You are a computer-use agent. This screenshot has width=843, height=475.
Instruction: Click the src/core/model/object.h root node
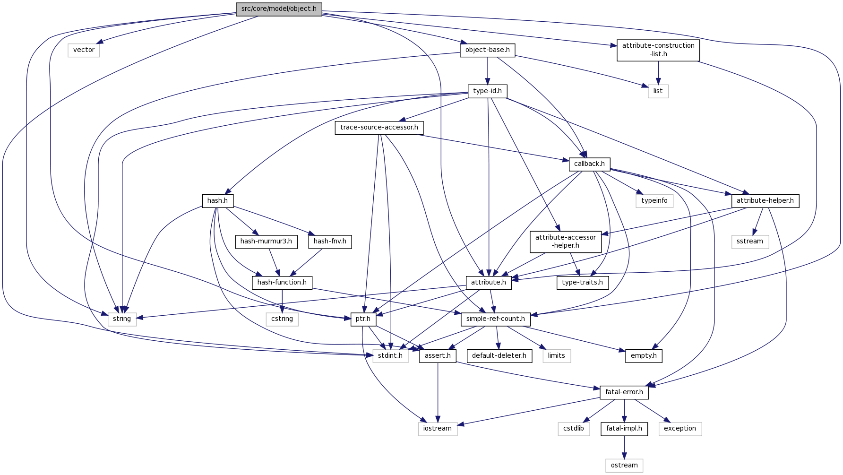pos(279,9)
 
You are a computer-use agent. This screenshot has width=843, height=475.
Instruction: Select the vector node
pos(84,50)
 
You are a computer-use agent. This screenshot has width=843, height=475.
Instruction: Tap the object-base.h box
pos(487,50)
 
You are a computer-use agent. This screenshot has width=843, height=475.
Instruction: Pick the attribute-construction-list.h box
pos(658,50)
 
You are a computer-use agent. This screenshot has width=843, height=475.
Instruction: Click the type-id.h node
pos(487,91)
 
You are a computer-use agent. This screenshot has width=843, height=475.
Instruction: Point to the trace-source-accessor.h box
pos(379,128)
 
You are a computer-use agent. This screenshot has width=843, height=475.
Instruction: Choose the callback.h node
pos(589,164)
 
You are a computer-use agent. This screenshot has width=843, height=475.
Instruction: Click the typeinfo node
pos(654,201)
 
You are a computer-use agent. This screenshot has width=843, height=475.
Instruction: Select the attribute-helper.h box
pos(765,201)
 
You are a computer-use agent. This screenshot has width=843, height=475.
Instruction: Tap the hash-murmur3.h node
pos(266,242)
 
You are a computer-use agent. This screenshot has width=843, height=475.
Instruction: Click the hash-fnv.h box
pos(330,242)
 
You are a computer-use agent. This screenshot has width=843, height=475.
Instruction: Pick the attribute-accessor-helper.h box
pos(566,242)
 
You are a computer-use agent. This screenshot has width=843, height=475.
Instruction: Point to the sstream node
pos(749,242)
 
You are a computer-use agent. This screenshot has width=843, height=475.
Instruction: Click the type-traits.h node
pos(582,283)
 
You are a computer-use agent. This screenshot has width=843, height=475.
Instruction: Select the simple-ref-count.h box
pos(495,319)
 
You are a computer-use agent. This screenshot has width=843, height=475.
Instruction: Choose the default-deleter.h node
pos(499,356)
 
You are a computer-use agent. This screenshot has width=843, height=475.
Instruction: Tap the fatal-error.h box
pos(624,392)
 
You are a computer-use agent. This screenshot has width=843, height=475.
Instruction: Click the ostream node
pos(624,466)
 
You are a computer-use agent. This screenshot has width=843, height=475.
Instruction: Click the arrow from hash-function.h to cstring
pos(282,301)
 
